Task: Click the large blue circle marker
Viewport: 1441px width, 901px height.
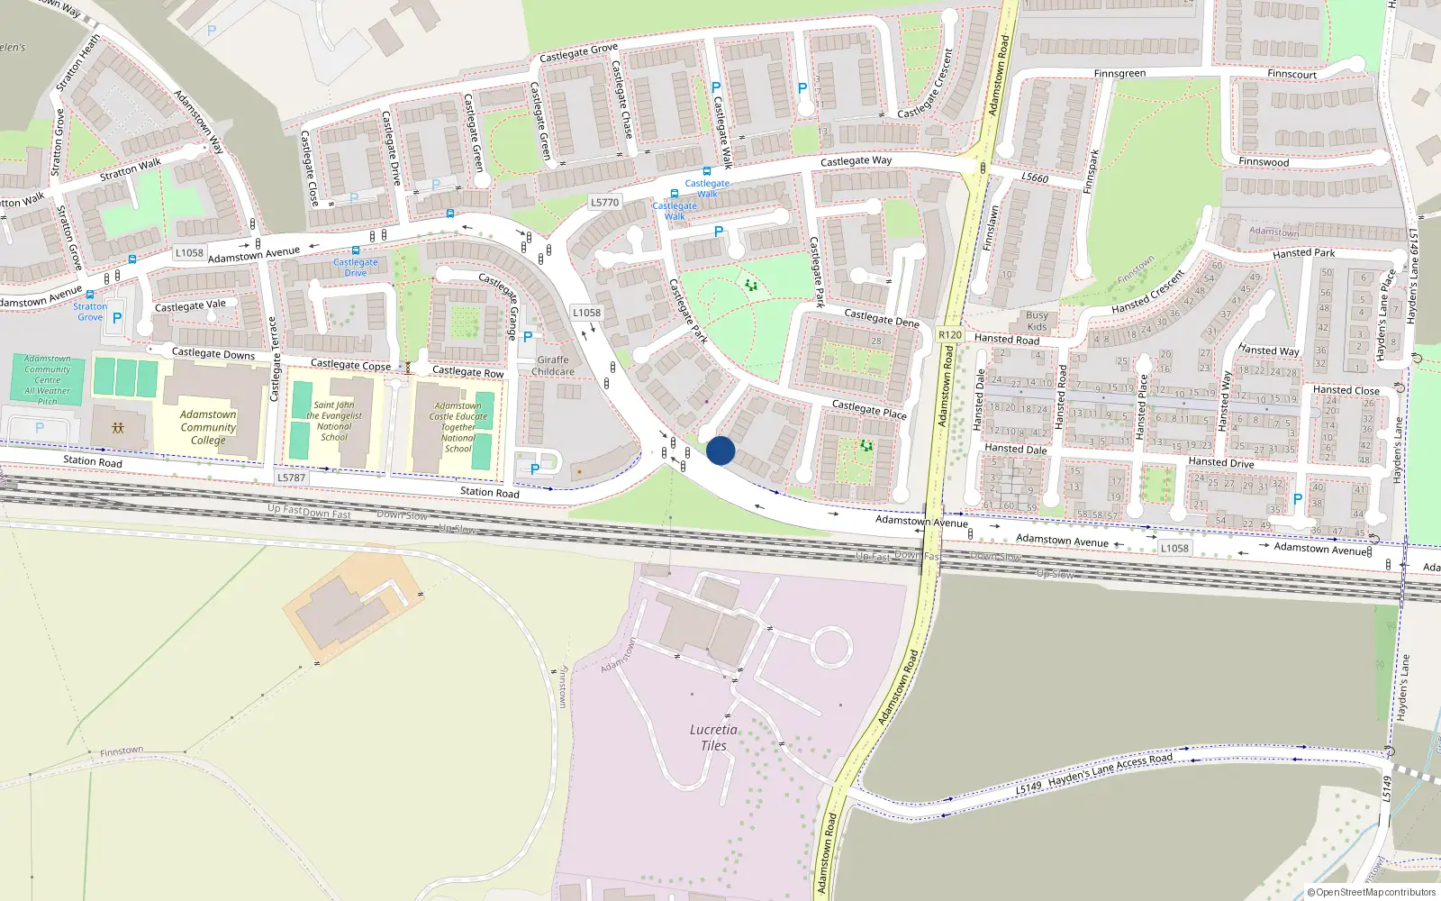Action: click(x=720, y=450)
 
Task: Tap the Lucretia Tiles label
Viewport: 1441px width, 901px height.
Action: click(x=713, y=737)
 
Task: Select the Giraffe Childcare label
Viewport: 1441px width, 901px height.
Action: click(x=553, y=366)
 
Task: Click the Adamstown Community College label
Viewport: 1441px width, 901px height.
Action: click(x=208, y=427)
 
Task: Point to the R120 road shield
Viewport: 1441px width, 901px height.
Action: click(x=949, y=334)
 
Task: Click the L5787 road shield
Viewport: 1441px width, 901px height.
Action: click(x=291, y=478)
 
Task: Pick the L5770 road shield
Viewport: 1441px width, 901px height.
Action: click(x=605, y=202)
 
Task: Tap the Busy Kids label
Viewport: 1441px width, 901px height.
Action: click(x=1037, y=321)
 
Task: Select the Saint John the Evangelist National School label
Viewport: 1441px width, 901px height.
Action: click(x=334, y=421)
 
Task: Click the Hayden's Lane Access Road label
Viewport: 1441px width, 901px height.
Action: click(x=1110, y=769)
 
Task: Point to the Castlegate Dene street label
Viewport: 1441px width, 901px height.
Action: click(x=881, y=317)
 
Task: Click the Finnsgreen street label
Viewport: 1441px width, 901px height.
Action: click(x=1119, y=74)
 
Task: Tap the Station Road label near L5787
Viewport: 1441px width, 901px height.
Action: click(x=489, y=492)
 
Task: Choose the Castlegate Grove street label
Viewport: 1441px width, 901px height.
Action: click(x=578, y=52)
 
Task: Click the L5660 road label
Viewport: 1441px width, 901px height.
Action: click(x=1035, y=177)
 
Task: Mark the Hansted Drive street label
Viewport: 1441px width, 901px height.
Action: click(x=1220, y=462)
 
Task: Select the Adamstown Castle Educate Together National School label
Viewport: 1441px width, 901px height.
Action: click(x=458, y=427)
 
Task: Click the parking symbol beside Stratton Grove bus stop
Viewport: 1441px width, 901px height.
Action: click(x=117, y=318)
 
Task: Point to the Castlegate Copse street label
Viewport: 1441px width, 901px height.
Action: click(x=350, y=365)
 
